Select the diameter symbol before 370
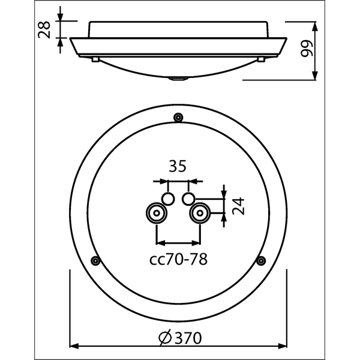click(166, 338)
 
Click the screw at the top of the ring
click(178, 117)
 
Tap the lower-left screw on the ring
click(94, 260)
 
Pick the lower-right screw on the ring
click(260, 260)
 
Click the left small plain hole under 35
click(168, 198)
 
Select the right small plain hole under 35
click(188, 198)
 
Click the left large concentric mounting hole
click(157, 212)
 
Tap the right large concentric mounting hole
click(199, 212)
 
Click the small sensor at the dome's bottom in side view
click(178, 78)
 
